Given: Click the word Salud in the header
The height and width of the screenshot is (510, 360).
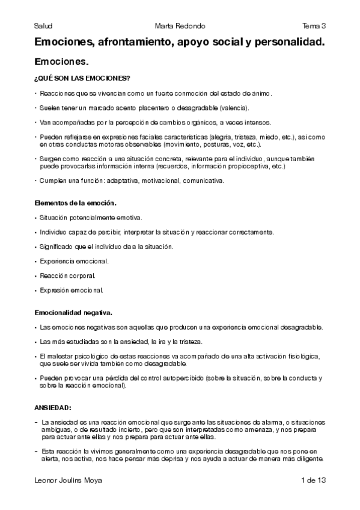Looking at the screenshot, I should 43,26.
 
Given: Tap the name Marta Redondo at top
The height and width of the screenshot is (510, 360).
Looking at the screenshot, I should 180,26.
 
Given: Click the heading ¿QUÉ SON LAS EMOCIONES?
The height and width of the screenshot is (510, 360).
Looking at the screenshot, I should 82,79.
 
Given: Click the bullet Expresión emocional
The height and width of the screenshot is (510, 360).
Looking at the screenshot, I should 71,290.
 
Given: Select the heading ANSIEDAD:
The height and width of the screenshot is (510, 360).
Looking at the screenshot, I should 53,408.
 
